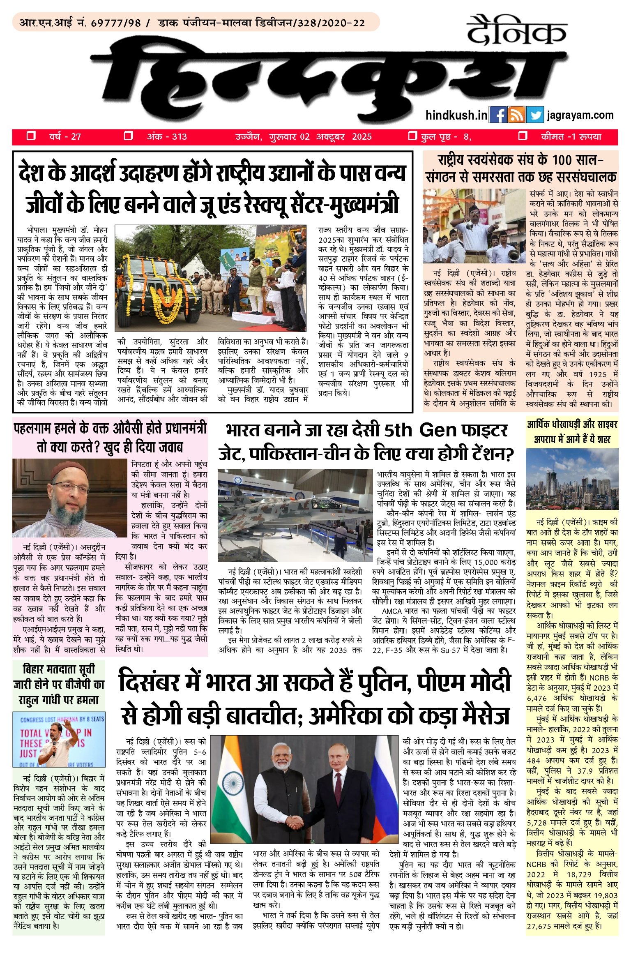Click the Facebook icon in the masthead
pos(498,115)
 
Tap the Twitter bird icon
pos(535,115)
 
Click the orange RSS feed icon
pos(516,115)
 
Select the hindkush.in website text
pos(456,115)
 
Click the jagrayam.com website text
pos(580,115)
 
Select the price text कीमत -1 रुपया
pos(571,136)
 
